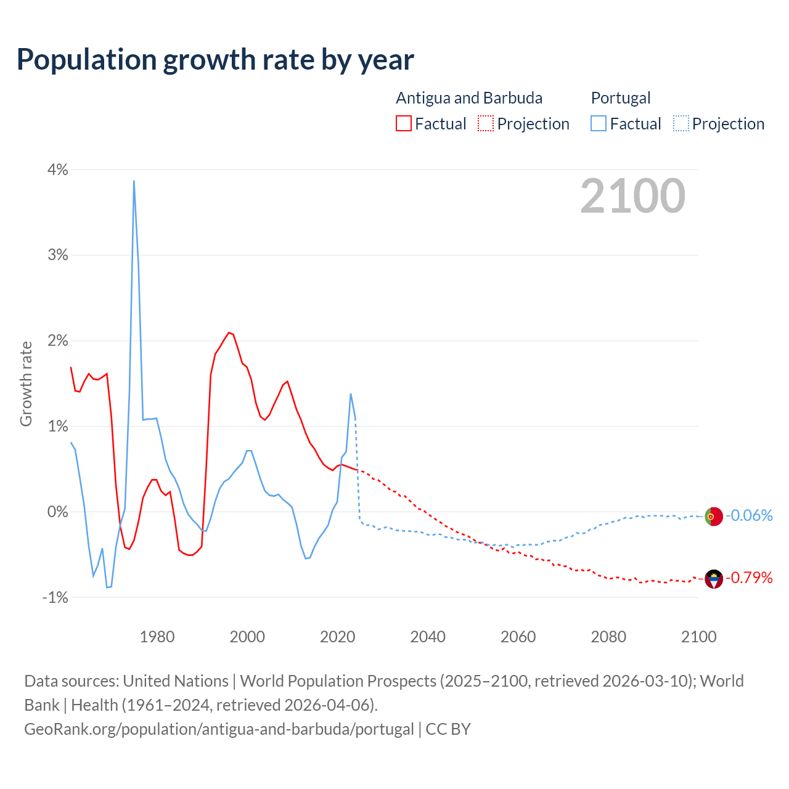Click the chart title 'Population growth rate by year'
click(215, 60)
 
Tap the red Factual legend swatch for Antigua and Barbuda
click(404, 123)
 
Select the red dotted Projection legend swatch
click(486, 123)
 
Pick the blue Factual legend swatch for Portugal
click(599, 123)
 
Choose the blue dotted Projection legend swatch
click(681, 123)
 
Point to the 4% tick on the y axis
click(57, 170)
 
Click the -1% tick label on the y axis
click(55, 597)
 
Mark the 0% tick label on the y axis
click(57, 512)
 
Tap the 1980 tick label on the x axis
click(157, 637)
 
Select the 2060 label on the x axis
click(518, 637)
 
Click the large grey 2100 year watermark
click(632, 195)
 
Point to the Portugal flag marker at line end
click(713, 516)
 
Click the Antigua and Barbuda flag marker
click(714, 579)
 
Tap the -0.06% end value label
click(750, 515)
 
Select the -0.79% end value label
click(750, 578)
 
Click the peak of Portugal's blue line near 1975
click(134, 181)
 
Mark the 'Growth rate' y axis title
click(26, 383)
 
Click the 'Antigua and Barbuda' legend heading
click(469, 98)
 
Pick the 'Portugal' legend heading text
click(621, 98)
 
